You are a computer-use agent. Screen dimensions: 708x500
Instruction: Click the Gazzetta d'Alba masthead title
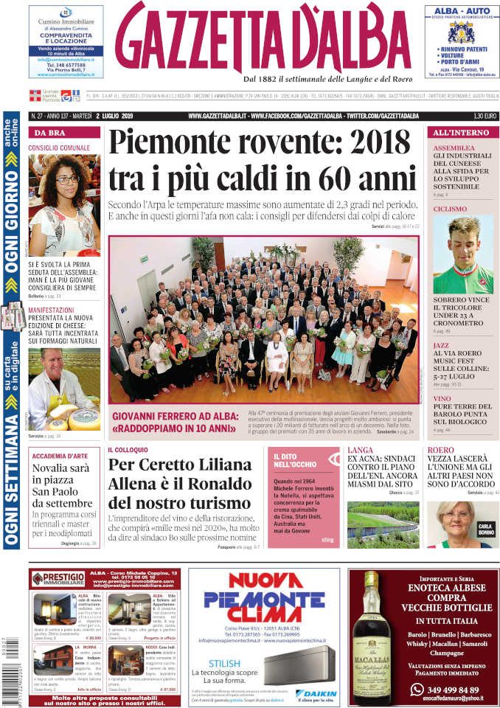tap(263, 38)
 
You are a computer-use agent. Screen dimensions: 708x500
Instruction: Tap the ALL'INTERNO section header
tap(460, 133)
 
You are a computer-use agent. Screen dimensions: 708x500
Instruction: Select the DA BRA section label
tap(48, 133)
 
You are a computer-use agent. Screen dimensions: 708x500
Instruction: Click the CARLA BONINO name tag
tap(485, 529)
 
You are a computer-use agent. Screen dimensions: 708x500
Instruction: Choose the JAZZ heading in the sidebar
tap(441, 345)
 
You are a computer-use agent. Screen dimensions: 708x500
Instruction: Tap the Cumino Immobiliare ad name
tap(66, 22)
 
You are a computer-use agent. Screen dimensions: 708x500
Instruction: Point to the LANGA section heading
tap(360, 450)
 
